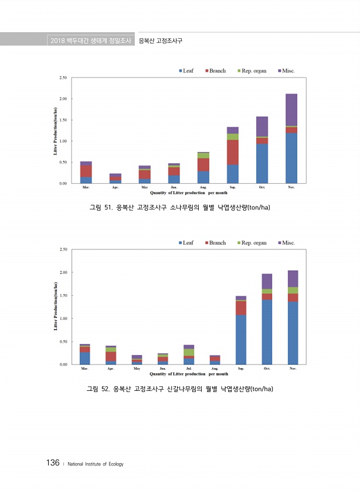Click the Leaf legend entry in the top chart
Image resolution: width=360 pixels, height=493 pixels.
pos(186,71)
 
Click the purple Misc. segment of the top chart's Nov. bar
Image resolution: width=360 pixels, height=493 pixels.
pos(291,110)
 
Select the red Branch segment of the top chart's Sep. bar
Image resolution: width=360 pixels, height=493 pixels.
pos(233,152)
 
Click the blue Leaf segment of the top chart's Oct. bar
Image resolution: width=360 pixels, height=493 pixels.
pos(262,163)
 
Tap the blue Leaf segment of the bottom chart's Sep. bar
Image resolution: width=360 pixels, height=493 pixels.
pos(241,339)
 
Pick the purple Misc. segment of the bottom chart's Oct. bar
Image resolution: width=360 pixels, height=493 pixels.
pos(267,281)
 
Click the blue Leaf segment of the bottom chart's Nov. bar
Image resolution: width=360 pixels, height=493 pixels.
pos(293,333)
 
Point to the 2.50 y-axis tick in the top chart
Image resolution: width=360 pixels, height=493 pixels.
pos(62,77)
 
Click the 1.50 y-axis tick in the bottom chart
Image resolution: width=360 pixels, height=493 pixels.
pos(63,295)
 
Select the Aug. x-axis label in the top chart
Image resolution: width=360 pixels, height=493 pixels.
pos(203,187)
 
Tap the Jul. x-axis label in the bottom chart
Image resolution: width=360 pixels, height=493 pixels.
pos(189,369)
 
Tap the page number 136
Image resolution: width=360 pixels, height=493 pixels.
pos(52,463)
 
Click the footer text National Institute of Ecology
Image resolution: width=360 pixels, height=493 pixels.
pos(96,464)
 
